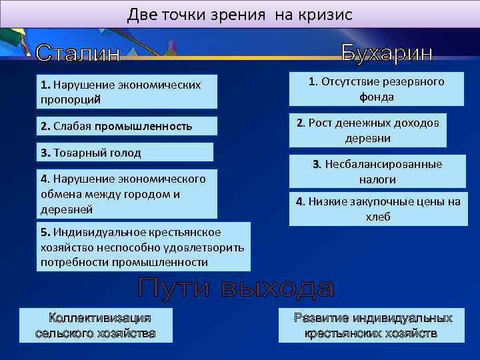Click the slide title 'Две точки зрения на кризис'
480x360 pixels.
(239, 14)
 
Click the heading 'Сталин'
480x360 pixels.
(78, 53)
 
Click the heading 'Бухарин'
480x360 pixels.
(387, 53)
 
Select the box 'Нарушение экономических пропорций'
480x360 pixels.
(127, 92)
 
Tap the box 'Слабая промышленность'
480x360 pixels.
(127, 127)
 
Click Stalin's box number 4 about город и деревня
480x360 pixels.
(127, 194)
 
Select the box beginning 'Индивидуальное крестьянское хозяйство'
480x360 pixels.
(143, 247)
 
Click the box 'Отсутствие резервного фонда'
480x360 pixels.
(377, 89)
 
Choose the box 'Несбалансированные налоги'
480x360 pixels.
(377, 171)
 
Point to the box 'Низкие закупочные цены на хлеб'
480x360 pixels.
(377, 209)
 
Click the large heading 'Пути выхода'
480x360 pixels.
(236, 289)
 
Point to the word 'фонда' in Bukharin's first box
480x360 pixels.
(377, 97)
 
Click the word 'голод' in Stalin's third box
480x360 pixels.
(125, 153)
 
